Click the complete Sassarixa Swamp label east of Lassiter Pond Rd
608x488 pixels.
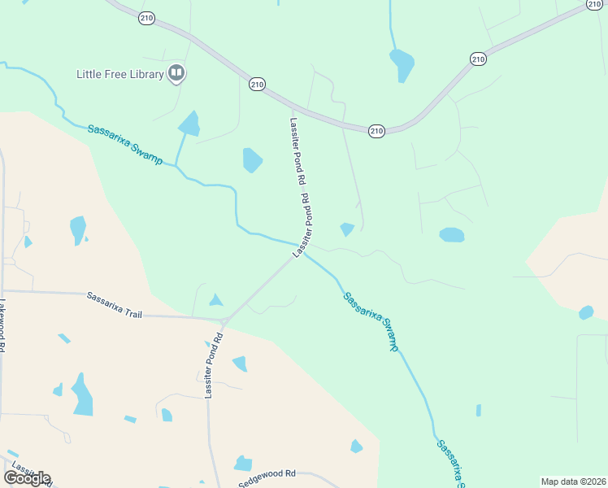click(x=371, y=320)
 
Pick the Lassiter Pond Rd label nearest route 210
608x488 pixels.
click(x=297, y=150)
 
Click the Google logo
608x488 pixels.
click(x=27, y=477)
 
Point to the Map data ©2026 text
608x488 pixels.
click(x=572, y=481)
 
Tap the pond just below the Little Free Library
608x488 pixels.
click(x=190, y=124)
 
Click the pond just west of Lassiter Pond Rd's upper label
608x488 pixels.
click(x=253, y=159)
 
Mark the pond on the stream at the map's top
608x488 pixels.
click(x=402, y=64)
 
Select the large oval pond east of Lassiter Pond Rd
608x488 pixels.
click(x=452, y=235)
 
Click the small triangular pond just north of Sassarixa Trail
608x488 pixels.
click(x=215, y=300)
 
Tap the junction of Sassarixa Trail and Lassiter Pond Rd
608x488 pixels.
click(x=225, y=320)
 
